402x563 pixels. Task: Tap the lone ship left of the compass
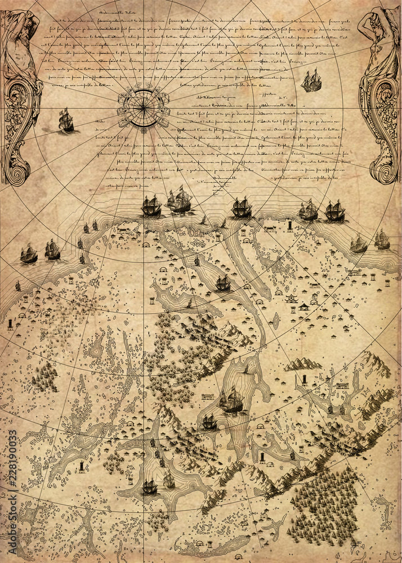click(66, 120)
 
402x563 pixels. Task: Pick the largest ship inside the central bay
click(231, 400)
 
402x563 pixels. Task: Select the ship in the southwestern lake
click(150, 486)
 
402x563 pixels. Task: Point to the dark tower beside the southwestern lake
click(83, 466)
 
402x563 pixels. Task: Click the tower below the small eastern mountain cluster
click(305, 379)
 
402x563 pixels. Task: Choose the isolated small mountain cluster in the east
click(302, 364)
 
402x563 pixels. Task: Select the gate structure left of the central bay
click(208, 397)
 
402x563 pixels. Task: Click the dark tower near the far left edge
click(10, 324)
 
